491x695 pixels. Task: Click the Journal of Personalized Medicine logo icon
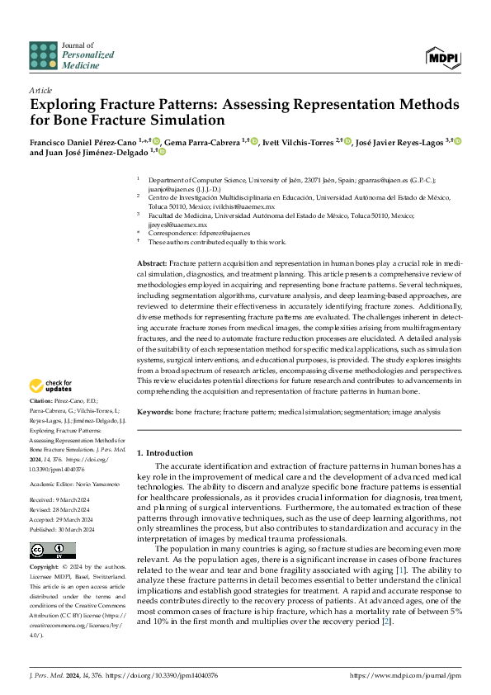(x=43, y=54)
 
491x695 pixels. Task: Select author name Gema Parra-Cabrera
(x=203, y=141)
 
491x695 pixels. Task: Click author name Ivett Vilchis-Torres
(x=297, y=141)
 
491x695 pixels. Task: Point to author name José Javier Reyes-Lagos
(x=399, y=141)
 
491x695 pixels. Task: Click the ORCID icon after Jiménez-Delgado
(x=162, y=152)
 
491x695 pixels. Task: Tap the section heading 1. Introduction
(x=164, y=453)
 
